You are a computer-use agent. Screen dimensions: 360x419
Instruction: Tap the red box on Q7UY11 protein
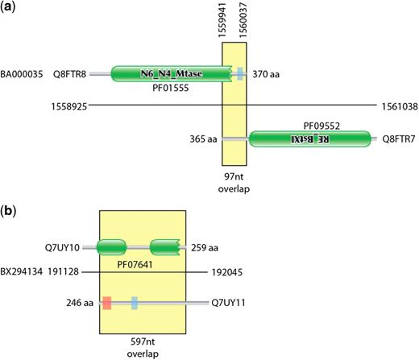click(x=107, y=303)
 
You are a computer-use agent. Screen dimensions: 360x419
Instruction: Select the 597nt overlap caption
click(x=147, y=346)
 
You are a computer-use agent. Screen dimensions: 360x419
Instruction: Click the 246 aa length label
click(x=81, y=303)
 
